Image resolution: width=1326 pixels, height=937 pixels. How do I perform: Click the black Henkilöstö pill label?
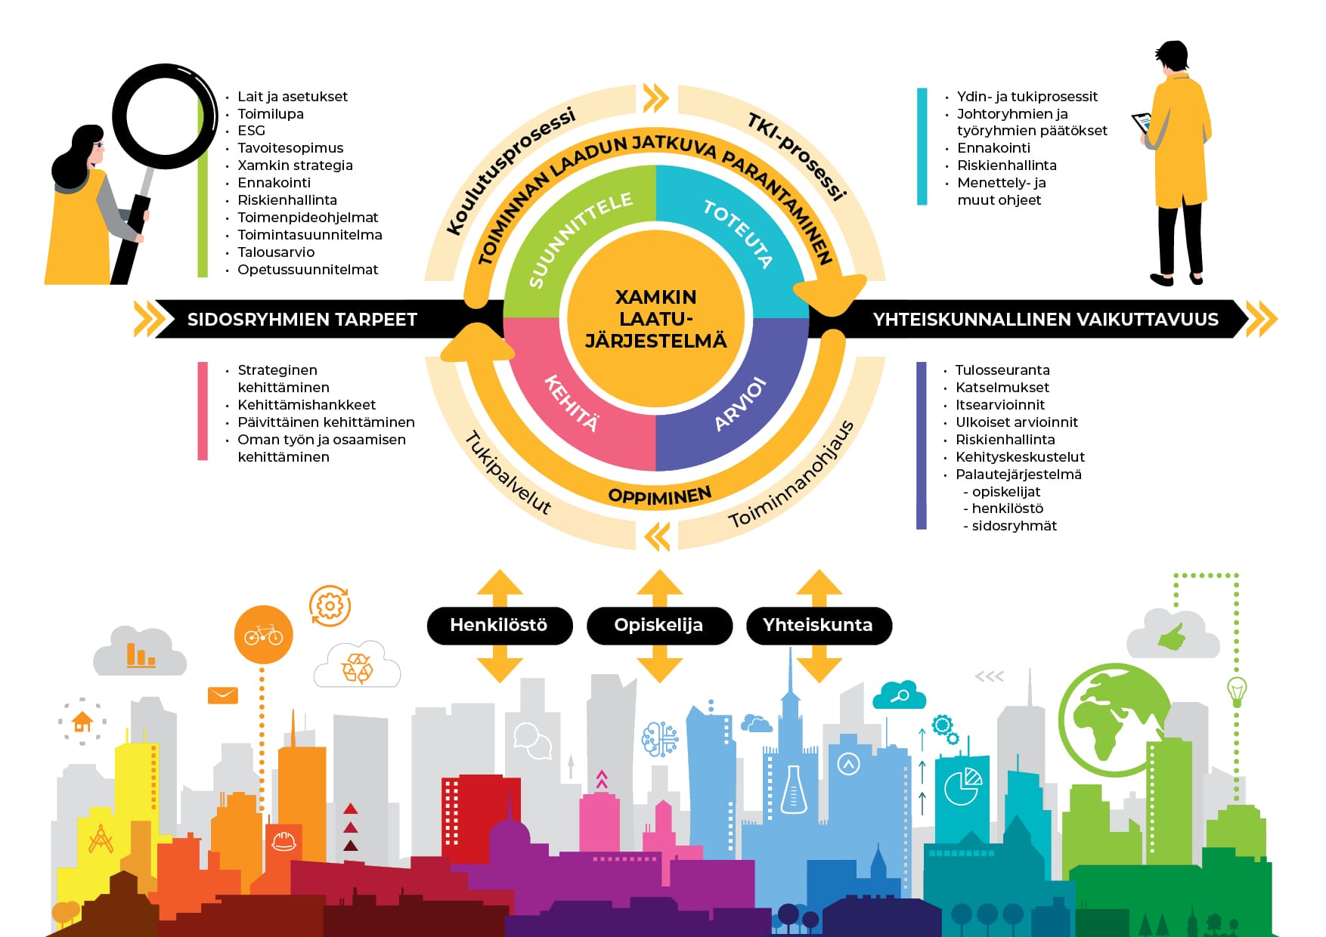[499, 625]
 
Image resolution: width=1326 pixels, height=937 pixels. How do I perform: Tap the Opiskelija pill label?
[658, 625]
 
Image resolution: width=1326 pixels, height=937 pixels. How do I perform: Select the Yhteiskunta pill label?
[818, 625]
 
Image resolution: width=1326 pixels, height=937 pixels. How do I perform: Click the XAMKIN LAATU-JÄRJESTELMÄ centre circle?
[655, 319]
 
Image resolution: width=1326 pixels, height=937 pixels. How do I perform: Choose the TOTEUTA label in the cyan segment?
[738, 233]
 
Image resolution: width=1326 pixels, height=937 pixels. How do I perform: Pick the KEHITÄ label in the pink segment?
[572, 403]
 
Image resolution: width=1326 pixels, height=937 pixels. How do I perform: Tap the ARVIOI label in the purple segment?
[741, 405]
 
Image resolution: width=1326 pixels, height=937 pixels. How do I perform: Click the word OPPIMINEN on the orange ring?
[659, 496]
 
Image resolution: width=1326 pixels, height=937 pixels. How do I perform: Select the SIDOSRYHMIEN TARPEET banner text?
[302, 320]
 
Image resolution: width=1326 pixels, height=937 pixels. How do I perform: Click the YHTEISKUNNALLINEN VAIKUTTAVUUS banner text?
[1046, 320]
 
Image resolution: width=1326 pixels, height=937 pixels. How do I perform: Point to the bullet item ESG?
[251, 131]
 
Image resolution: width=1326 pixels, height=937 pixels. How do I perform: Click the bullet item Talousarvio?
[276, 252]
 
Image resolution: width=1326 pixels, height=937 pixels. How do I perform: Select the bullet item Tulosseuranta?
[1002, 370]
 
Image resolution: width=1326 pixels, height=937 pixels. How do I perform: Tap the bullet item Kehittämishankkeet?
[306, 405]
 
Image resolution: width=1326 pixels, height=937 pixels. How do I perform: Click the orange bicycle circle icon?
[263, 635]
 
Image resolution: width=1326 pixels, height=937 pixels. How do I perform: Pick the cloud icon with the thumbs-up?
[1173, 635]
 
